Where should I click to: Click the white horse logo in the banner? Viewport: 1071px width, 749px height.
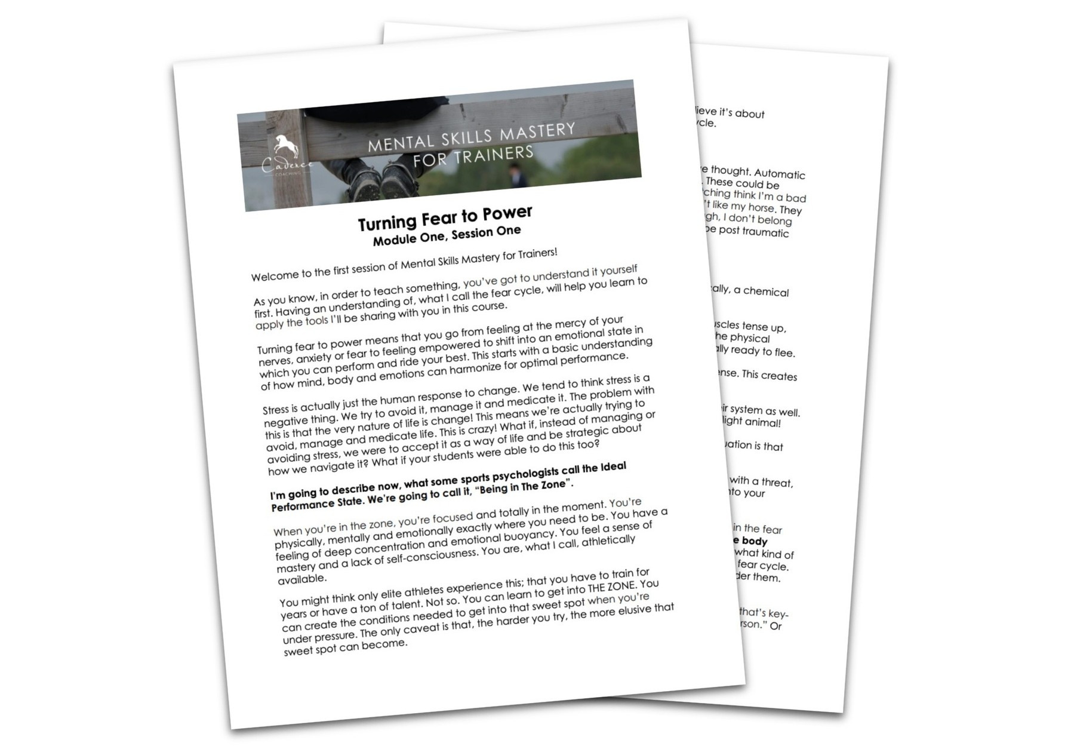(285, 148)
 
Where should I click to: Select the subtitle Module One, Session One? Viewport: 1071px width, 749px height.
(447, 235)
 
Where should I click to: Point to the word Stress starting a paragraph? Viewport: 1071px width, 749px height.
(275, 410)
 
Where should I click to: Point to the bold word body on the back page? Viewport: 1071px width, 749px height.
(754, 541)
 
